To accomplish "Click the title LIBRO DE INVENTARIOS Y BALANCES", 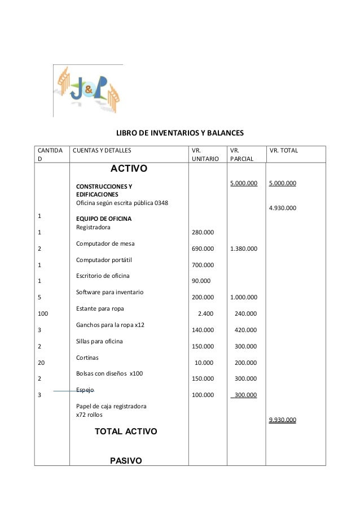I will (179, 134).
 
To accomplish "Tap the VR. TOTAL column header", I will (284, 151).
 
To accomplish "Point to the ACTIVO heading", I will (129, 169).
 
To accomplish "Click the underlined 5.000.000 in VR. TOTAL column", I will (283, 183).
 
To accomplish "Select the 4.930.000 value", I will (283, 208).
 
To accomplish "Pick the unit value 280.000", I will (203, 232).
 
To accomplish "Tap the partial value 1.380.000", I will (243, 249).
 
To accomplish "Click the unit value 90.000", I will (201, 281).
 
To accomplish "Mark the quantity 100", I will (43, 313).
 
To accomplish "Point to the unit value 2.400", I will (205, 313).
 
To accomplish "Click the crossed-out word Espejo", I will (85, 390).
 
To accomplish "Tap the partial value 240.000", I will (245, 313).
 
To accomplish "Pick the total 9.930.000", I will (283, 420).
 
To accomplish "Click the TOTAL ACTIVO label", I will (126, 431).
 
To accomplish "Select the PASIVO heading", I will (126, 461).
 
